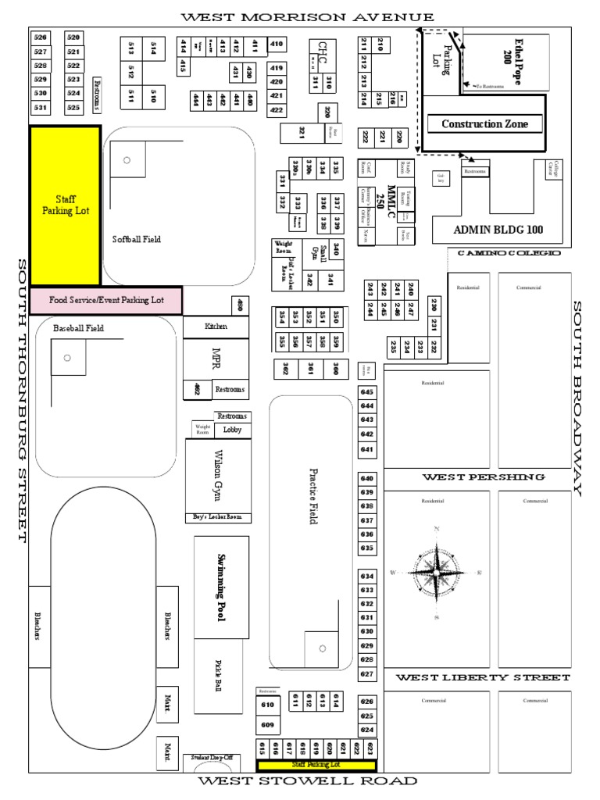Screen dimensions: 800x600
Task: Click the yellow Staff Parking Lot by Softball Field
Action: pos(65,205)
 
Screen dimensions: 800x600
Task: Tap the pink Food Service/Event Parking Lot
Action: pos(105,299)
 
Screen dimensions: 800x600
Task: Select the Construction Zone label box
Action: pos(484,123)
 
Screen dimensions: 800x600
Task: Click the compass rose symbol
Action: pos(437,573)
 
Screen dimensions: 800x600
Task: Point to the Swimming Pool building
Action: pos(221,586)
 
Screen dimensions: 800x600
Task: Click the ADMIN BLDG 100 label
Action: pos(497,230)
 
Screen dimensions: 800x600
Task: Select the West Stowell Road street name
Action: pos(307,780)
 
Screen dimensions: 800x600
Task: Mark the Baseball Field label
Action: pos(78,328)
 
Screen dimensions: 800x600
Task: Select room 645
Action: pos(367,391)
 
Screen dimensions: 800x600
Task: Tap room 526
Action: pos(41,37)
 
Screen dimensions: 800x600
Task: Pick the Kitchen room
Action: pos(216,326)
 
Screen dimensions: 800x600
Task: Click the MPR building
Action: pos(216,358)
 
